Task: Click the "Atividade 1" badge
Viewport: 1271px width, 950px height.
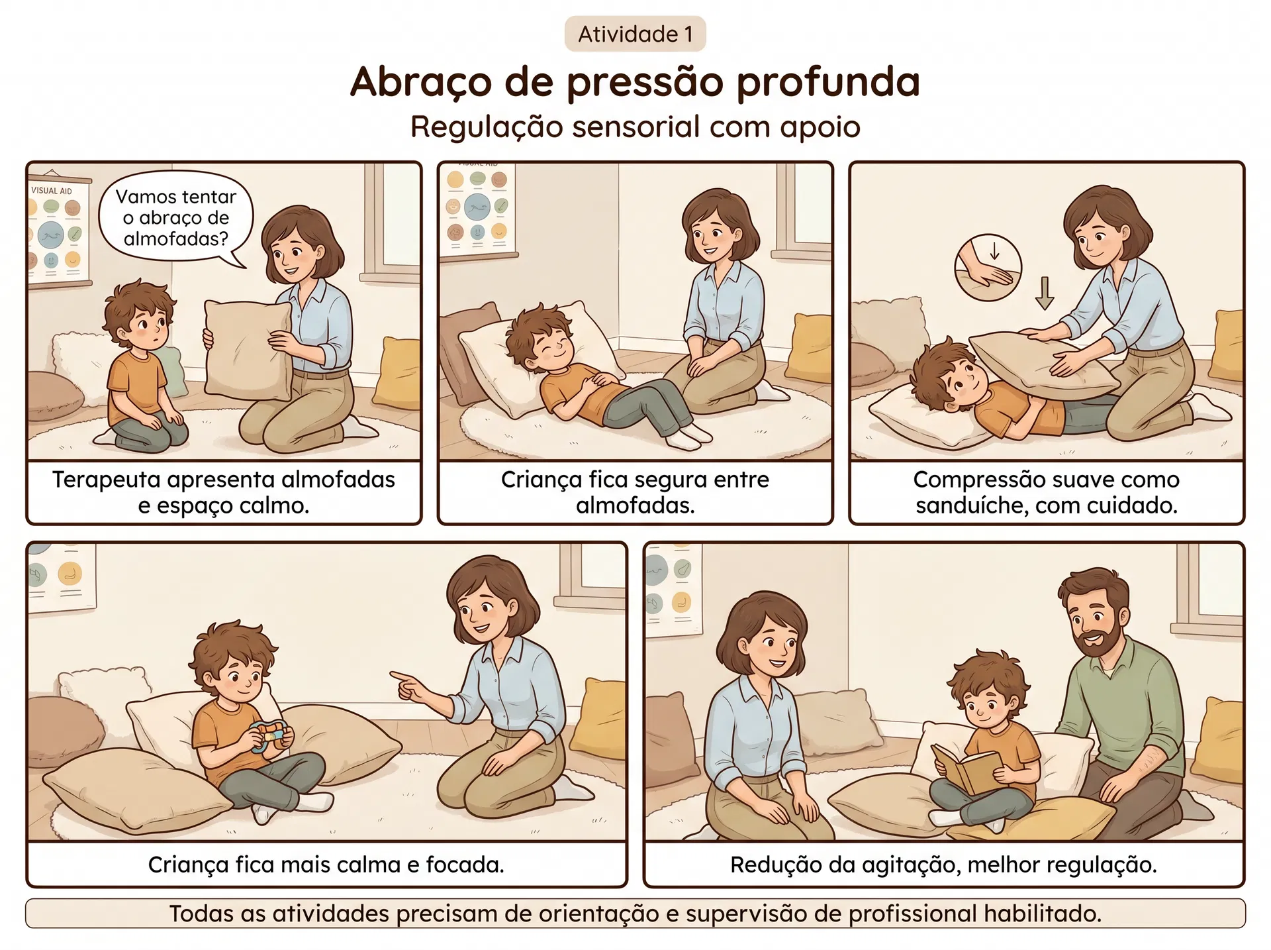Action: [x=635, y=34]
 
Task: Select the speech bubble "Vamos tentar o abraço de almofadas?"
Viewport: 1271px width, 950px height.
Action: [x=175, y=218]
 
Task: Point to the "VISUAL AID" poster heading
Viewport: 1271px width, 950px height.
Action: [x=51, y=191]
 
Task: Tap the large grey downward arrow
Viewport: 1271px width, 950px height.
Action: [x=1044, y=293]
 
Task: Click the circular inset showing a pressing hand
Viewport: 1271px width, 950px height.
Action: [x=988, y=267]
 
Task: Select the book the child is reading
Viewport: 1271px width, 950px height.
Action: [x=966, y=768]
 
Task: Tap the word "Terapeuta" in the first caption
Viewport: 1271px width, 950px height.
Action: [x=108, y=480]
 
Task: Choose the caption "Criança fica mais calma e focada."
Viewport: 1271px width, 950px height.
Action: [x=326, y=865]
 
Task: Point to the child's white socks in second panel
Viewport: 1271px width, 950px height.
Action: [x=688, y=437]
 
